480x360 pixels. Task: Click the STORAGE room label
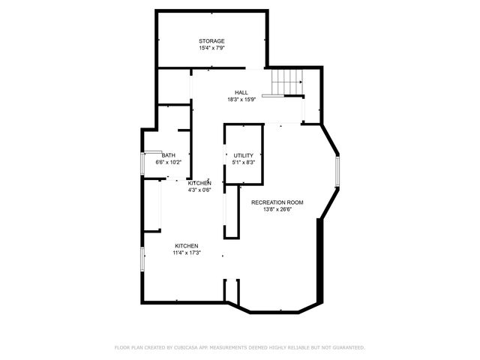(211, 40)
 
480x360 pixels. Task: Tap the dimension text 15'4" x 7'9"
(211, 48)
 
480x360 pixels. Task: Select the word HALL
(241, 92)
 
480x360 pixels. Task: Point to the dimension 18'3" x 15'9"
(241, 100)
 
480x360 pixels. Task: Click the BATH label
(168, 155)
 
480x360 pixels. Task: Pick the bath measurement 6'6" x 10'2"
(168, 162)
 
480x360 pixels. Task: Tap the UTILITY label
(244, 155)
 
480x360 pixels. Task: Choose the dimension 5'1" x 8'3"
(244, 162)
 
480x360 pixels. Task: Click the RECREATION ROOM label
(277, 202)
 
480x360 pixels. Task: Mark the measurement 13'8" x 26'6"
(277, 210)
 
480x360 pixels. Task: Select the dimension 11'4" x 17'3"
(187, 253)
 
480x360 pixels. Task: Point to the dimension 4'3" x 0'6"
(199, 190)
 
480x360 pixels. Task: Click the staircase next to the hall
(286, 81)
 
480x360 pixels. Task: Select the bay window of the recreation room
(337, 172)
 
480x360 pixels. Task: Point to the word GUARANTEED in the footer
(346, 348)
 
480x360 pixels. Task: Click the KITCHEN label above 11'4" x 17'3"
(187, 246)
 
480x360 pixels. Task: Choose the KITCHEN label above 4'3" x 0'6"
(199, 183)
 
